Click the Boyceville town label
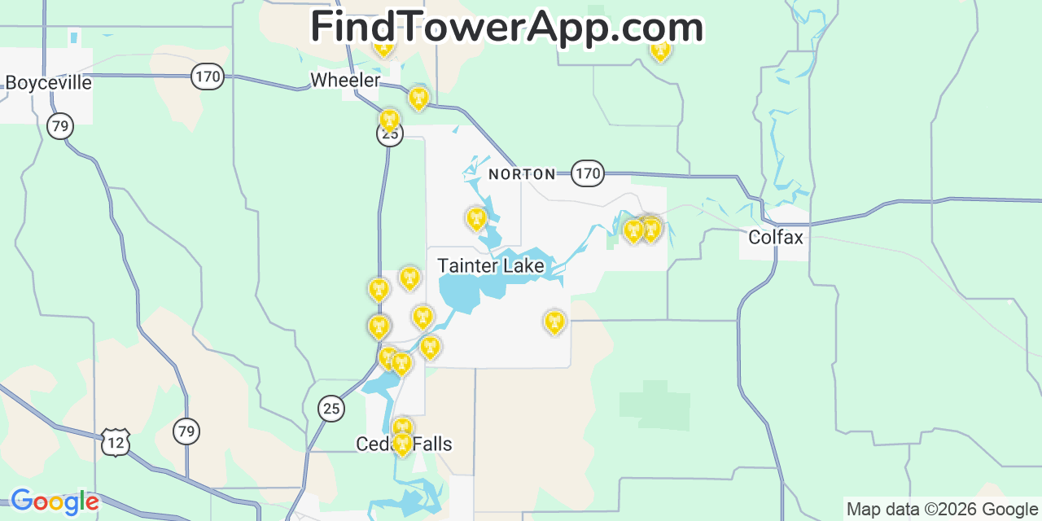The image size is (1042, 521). click(48, 82)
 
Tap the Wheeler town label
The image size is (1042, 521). click(345, 80)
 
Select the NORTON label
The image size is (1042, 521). click(522, 174)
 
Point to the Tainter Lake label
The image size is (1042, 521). click(490, 265)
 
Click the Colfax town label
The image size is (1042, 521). click(775, 237)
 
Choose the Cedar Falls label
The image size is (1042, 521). click(404, 444)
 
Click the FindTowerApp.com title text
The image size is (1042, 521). click(506, 28)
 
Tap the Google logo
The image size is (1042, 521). click(54, 501)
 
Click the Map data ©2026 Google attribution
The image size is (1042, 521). click(943, 510)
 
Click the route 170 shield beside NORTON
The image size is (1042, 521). click(587, 173)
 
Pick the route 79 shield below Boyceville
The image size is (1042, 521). click(59, 126)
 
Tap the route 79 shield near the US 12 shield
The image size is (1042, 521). click(186, 431)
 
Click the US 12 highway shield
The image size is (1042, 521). click(116, 442)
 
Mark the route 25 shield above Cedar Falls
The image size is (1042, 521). click(331, 408)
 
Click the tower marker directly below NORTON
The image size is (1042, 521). click(475, 218)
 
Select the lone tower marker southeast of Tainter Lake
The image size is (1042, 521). click(554, 322)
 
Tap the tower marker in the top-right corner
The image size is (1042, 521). click(660, 50)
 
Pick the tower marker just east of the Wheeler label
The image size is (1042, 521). click(418, 99)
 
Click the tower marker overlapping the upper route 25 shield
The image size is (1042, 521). click(390, 120)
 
